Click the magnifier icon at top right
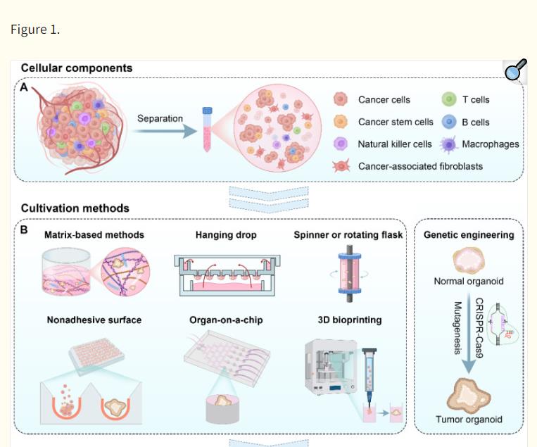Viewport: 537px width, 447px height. click(x=516, y=70)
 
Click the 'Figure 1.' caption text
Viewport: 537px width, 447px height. click(x=35, y=29)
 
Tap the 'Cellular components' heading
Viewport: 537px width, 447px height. click(x=76, y=68)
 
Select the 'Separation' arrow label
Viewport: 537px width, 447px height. click(x=160, y=118)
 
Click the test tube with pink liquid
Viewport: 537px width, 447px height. click(x=208, y=130)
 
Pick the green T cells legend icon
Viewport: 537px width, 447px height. click(x=448, y=100)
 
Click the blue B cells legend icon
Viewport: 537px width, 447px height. click(x=448, y=122)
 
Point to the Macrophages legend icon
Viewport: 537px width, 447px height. click(x=448, y=144)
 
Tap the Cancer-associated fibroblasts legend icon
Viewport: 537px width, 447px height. click(x=341, y=166)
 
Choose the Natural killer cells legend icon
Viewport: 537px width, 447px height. click(x=341, y=144)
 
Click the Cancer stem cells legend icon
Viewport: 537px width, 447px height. click(x=341, y=122)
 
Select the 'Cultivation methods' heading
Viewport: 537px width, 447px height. click(x=75, y=208)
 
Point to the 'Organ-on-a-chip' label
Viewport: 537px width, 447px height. click(x=226, y=320)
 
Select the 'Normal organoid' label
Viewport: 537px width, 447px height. click(x=469, y=282)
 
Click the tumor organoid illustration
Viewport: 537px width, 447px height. click(x=469, y=395)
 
